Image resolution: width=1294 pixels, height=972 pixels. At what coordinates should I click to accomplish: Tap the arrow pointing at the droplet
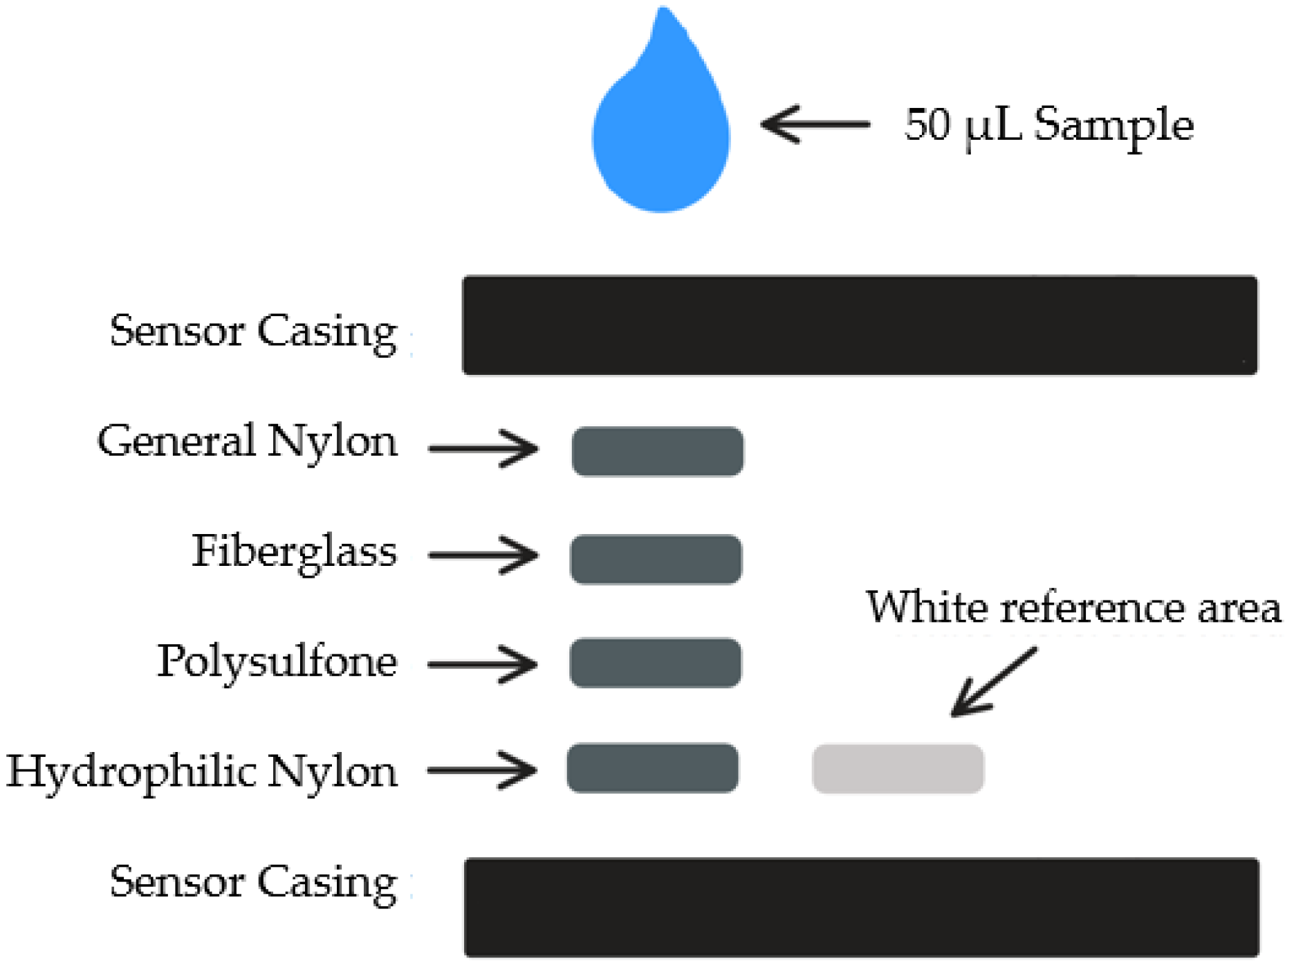(x=815, y=125)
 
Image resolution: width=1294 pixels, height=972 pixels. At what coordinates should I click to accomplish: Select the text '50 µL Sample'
(x=1048, y=125)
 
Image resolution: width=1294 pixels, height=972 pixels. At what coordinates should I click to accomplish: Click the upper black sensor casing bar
(x=860, y=325)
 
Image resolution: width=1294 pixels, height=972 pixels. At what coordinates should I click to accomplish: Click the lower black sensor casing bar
(x=861, y=907)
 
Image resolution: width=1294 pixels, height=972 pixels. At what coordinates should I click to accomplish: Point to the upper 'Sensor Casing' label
(x=253, y=331)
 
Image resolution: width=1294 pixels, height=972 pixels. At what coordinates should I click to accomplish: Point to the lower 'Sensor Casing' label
(x=253, y=883)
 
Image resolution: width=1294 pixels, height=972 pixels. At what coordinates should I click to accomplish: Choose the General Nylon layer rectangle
(x=657, y=451)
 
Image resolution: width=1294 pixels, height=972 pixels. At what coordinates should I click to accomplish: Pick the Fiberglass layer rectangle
(x=656, y=559)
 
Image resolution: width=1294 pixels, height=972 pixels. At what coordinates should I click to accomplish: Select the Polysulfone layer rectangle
(x=655, y=662)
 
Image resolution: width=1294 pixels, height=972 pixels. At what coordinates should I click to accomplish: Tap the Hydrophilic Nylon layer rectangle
(x=652, y=768)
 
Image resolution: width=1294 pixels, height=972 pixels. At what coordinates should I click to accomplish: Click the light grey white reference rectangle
(x=898, y=769)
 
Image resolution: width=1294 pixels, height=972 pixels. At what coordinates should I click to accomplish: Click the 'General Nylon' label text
(x=247, y=441)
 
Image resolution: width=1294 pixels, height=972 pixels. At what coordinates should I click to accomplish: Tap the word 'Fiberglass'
(x=294, y=552)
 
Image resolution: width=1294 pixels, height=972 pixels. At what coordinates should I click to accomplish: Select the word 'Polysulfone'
(x=277, y=661)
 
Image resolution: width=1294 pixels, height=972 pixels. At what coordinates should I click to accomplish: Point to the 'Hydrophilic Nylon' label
(x=201, y=771)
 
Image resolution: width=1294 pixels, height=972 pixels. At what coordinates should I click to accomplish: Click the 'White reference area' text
(x=1073, y=607)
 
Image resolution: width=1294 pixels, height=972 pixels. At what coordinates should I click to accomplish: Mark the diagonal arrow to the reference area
(x=992, y=682)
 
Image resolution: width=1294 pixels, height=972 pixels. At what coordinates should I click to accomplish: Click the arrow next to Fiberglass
(x=483, y=555)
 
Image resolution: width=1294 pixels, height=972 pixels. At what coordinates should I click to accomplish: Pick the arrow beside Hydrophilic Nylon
(x=482, y=770)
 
